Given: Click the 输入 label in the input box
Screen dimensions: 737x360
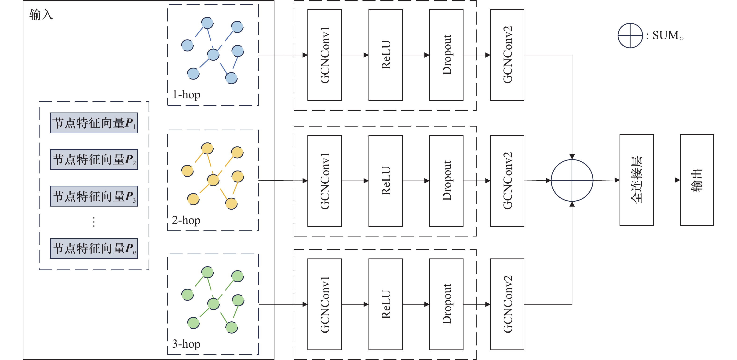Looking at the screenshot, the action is point(41,15).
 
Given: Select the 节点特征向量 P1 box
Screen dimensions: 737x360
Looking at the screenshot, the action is point(94,123).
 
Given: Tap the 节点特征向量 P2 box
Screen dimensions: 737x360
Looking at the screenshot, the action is point(94,160).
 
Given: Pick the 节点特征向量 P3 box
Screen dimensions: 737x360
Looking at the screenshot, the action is point(94,196).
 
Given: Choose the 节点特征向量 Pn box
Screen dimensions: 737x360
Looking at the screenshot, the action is point(94,248).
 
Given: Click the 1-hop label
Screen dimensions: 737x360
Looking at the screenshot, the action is point(186,94).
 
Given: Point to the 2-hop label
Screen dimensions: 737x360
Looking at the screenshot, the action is point(186,220).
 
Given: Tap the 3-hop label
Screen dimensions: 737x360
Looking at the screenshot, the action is point(186,344).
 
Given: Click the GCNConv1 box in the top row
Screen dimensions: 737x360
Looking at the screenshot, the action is point(325,55).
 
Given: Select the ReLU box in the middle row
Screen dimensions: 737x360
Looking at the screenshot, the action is point(385,181).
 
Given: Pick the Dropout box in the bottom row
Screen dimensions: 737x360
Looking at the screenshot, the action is point(446,304).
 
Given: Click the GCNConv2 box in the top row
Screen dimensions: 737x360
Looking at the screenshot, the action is point(507,55).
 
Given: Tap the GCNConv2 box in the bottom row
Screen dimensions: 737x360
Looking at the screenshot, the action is point(507,304).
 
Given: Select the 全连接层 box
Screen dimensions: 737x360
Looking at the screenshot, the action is point(637,180).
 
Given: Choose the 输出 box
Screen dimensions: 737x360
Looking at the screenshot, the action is point(697,180).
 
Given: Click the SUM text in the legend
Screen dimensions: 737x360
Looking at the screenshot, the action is point(665,36).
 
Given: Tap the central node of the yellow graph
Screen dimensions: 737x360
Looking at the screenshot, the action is point(213,180).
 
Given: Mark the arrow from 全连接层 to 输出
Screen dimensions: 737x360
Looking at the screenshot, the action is point(667,180).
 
